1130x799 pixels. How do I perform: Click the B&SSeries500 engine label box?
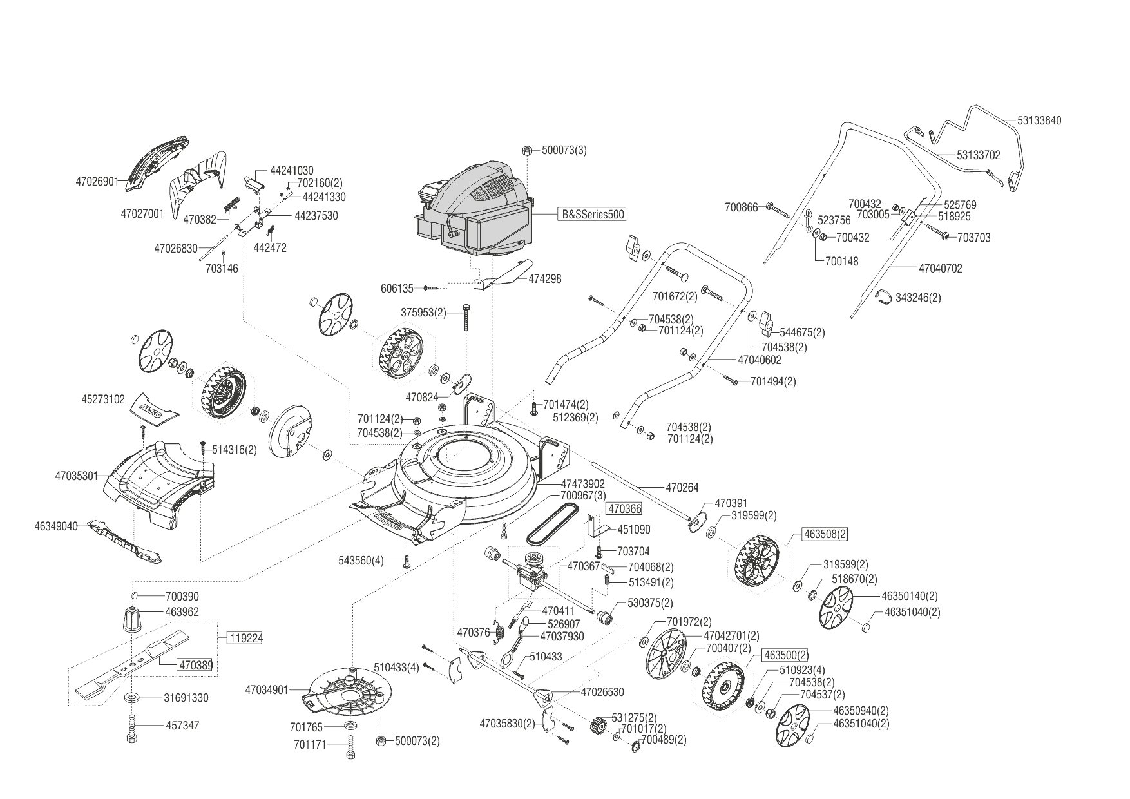591,214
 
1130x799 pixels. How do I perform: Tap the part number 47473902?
582,483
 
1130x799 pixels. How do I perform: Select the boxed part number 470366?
624,509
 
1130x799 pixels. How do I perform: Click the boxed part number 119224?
245,639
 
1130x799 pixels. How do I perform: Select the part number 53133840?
1040,120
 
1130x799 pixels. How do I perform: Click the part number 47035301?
76,476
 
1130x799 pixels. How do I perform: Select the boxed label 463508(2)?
825,534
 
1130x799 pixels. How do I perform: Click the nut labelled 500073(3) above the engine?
526,150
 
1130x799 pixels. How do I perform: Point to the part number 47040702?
940,268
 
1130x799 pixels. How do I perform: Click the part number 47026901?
97,182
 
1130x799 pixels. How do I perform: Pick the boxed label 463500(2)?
785,655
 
